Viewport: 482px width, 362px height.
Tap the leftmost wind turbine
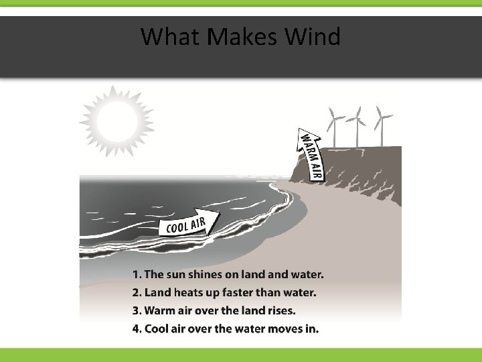(x=333, y=128)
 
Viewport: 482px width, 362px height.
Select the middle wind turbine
(x=356, y=128)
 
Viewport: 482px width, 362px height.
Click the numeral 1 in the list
(x=137, y=274)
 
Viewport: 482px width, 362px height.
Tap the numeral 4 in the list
(x=137, y=328)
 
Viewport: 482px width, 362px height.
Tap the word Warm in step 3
(x=159, y=310)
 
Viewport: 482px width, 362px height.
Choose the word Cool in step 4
(x=157, y=328)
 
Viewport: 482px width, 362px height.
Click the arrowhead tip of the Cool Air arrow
(x=220, y=215)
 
